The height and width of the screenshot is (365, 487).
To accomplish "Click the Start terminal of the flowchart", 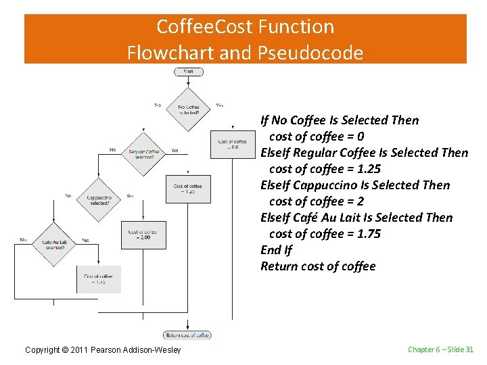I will (x=188, y=72).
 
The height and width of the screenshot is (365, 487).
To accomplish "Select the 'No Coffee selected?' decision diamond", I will (x=189, y=109).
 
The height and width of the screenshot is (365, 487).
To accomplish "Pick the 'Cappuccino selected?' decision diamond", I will (x=99, y=199).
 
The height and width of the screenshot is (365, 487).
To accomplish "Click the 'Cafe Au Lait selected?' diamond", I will (x=54, y=244).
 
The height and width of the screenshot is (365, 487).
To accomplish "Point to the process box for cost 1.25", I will (x=187, y=189).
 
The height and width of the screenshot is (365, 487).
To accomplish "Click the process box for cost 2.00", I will (x=143, y=234).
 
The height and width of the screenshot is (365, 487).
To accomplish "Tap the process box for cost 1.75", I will (x=98, y=278).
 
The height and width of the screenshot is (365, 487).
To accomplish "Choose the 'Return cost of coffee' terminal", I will (x=187, y=335).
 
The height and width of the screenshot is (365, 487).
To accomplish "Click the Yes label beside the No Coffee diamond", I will (x=220, y=105).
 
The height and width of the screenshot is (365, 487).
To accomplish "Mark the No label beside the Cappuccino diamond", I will (x=68, y=196).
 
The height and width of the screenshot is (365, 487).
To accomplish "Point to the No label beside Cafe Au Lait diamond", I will (x=24, y=240).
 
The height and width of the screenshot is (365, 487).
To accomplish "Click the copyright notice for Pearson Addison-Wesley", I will (x=103, y=349).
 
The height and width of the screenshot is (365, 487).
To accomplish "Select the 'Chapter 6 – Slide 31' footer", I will (x=440, y=349).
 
